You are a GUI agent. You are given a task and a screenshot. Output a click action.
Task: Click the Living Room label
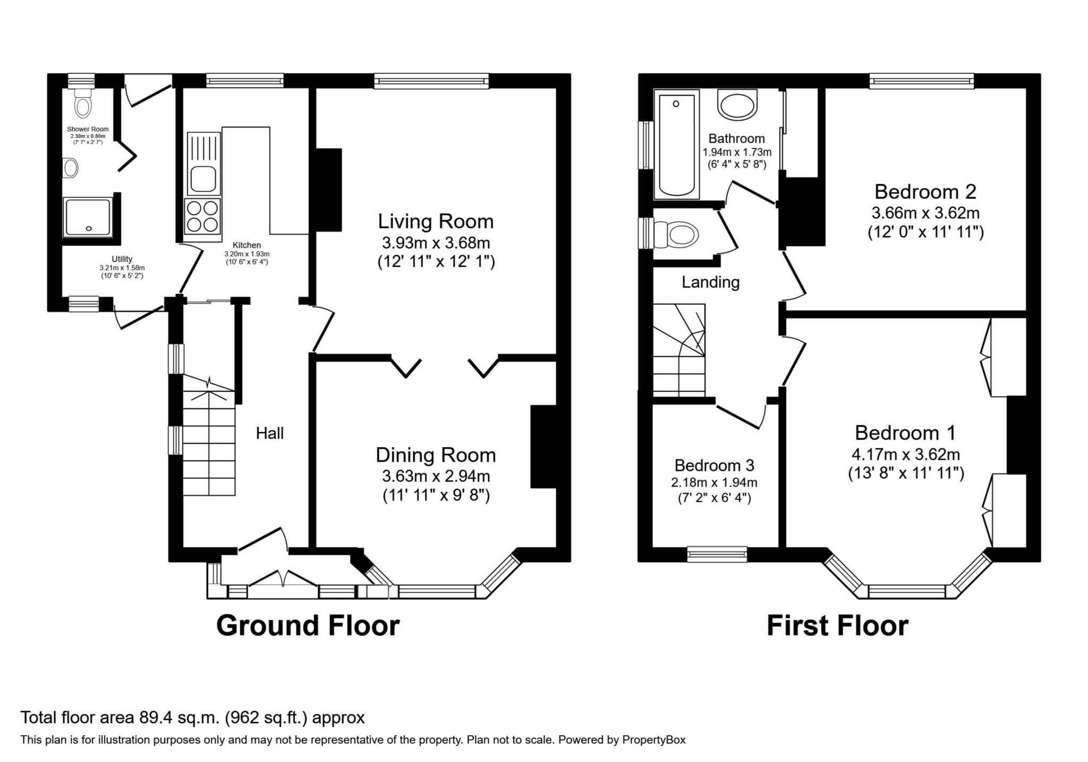pyautogui.click(x=436, y=221)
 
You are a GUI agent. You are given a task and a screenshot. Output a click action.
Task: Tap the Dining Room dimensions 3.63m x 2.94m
pyautogui.click(x=436, y=475)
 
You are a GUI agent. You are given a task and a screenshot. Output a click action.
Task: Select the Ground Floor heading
pyautogui.click(x=308, y=625)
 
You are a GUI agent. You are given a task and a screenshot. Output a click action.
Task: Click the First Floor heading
pyautogui.click(x=837, y=625)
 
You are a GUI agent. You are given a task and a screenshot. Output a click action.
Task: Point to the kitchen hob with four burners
pyautogui.click(x=202, y=216)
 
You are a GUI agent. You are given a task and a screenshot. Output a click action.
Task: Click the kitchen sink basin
pyautogui.click(x=202, y=178)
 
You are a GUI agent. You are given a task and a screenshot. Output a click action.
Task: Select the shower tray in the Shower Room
pyautogui.click(x=88, y=217)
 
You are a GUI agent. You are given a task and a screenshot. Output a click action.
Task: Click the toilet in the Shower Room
pyautogui.click(x=82, y=104)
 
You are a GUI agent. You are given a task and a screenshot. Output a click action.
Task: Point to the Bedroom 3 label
pyautogui.click(x=714, y=465)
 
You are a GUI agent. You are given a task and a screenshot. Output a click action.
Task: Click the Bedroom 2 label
pyautogui.click(x=925, y=191)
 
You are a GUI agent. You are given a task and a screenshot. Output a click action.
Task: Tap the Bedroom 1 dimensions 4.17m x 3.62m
pyautogui.click(x=906, y=455)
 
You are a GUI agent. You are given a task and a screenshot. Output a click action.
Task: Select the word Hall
pyautogui.click(x=270, y=433)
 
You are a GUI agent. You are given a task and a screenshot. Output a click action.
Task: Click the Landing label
pyautogui.click(x=710, y=282)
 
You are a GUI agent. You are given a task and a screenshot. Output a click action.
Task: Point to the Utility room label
pyautogui.click(x=122, y=259)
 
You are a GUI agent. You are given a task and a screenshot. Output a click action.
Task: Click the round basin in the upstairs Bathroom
pyautogui.click(x=737, y=105)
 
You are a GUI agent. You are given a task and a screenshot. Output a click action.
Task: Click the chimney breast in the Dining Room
pyautogui.click(x=543, y=447)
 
